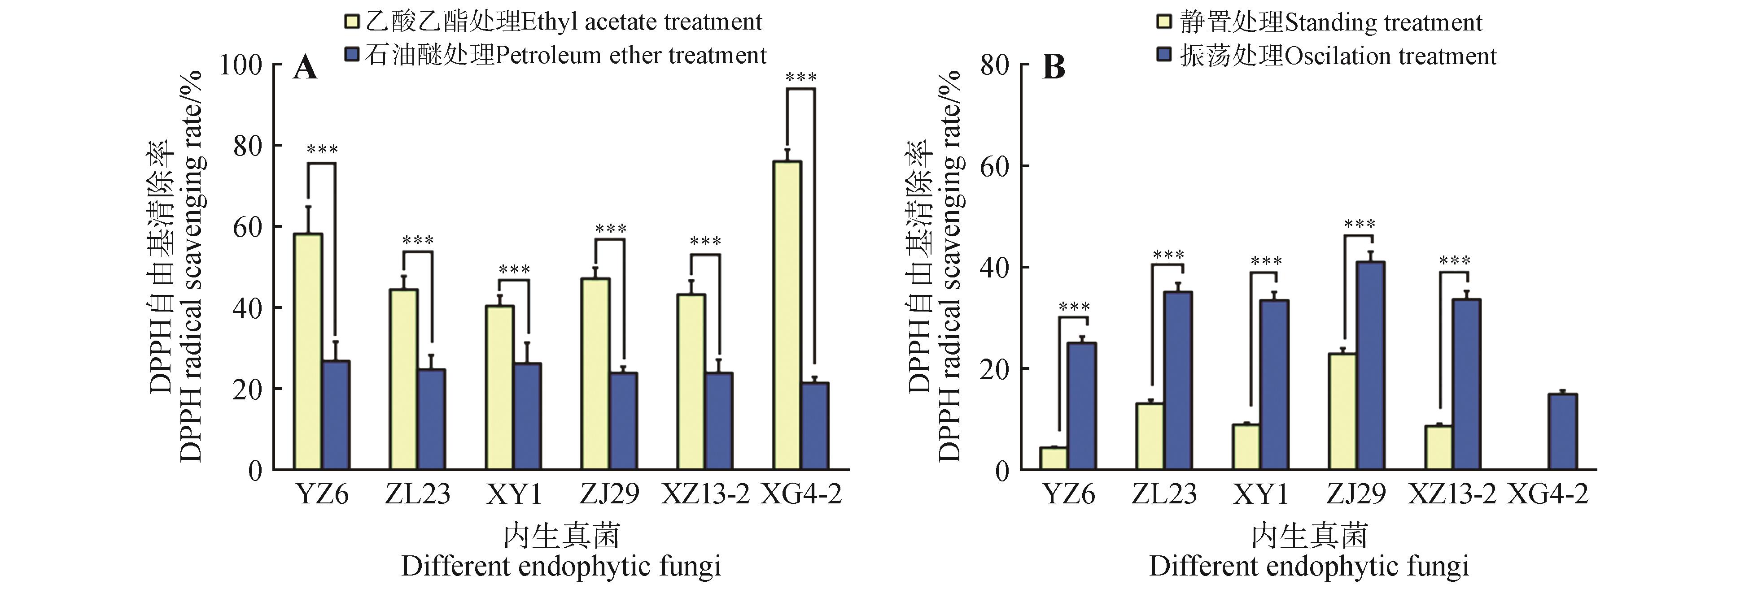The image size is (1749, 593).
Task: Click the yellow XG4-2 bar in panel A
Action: pos(787,316)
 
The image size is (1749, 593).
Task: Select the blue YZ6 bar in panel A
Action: pos(336,415)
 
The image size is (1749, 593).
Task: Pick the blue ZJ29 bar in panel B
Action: pos(1371,366)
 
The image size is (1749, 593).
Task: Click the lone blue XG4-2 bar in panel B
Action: pos(1562,432)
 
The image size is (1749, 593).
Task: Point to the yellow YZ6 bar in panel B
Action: pos(1053,458)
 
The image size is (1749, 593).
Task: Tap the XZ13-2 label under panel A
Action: pos(705,494)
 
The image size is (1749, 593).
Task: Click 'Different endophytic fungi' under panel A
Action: pos(561,566)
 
